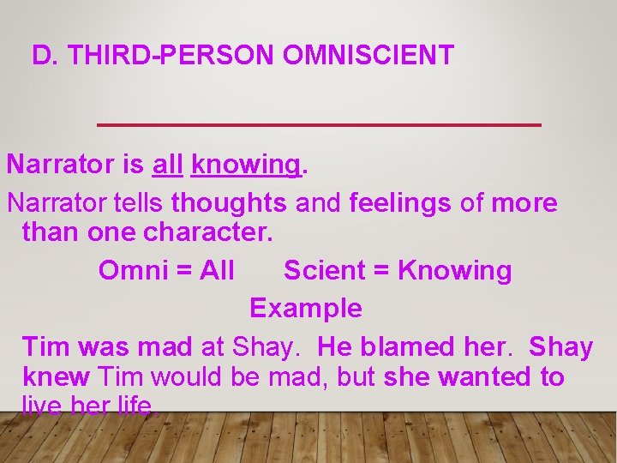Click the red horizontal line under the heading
[319, 125]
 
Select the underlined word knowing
[246, 165]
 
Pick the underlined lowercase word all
[168, 164]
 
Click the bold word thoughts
[229, 203]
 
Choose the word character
[207, 232]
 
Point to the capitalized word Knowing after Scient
[454, 271]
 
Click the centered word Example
[306, 308]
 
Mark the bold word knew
[56, 376]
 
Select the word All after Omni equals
[217, 271]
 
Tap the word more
[524, 203]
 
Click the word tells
[138, 203]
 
